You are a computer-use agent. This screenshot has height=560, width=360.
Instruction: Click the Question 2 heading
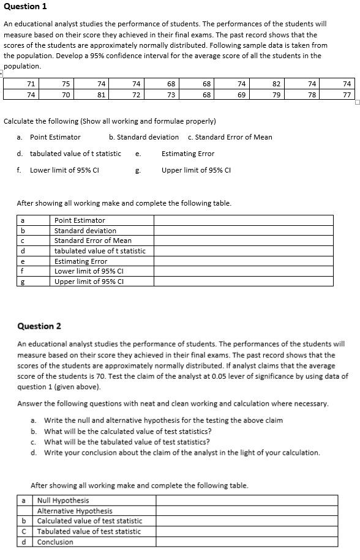click(x=39, y=326)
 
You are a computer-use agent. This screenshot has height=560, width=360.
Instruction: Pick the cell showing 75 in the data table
click(x=66, y=84)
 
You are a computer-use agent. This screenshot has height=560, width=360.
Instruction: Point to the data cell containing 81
click(x=102, y=95)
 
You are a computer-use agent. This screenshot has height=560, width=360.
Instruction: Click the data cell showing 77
click(x=347, y=95)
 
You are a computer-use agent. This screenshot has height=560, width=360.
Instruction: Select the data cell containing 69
click(x=241, y=95)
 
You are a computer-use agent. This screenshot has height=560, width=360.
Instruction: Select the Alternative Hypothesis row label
click(x=75, y=511)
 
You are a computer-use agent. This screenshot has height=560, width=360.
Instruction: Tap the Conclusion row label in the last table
click(x=55, y=542)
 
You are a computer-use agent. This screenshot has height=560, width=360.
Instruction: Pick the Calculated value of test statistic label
click(x=89, y=521)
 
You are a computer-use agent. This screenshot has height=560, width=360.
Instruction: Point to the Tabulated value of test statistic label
click(x=89, y=532)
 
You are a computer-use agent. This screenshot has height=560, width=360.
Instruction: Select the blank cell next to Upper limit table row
click(x=243, y=282)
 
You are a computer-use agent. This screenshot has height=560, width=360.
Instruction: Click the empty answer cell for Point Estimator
click(x=243, y=220)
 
